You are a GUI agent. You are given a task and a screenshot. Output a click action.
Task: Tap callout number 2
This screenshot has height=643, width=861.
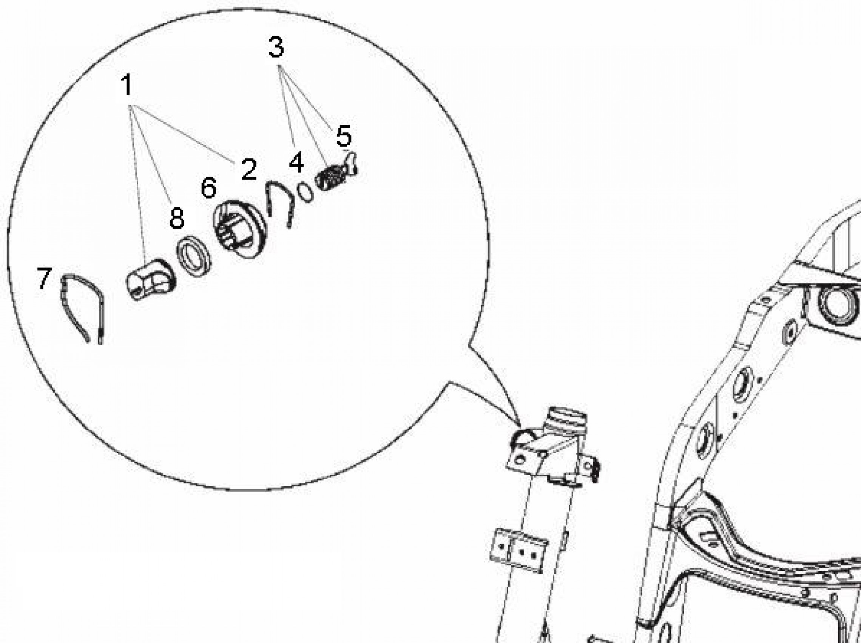click(x=249, y=169)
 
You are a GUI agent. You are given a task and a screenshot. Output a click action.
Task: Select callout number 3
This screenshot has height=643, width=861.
click(x=276, y=48)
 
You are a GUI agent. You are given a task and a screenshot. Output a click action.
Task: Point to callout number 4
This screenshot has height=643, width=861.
click(x=296, y=162)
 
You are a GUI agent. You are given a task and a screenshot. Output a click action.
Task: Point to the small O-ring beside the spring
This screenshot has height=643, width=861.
click(x=305, y=192)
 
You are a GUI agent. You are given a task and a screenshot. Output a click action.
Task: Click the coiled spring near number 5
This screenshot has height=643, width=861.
click(x=329, y=177)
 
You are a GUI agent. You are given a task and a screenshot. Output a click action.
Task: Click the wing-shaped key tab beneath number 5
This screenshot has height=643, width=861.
click(x=351, y=163)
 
